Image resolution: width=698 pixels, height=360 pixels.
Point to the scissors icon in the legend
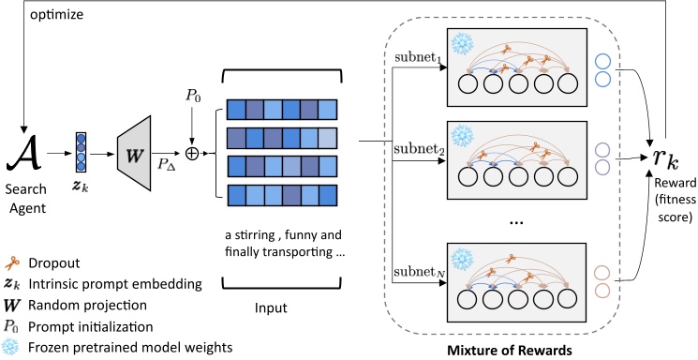[x=12, y=264]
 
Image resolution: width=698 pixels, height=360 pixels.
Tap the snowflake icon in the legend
[x=12, y=348]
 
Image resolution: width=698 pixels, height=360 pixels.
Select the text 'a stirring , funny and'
[x=272, y=233]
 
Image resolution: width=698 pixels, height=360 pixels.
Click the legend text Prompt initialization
[x=90, y=326]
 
